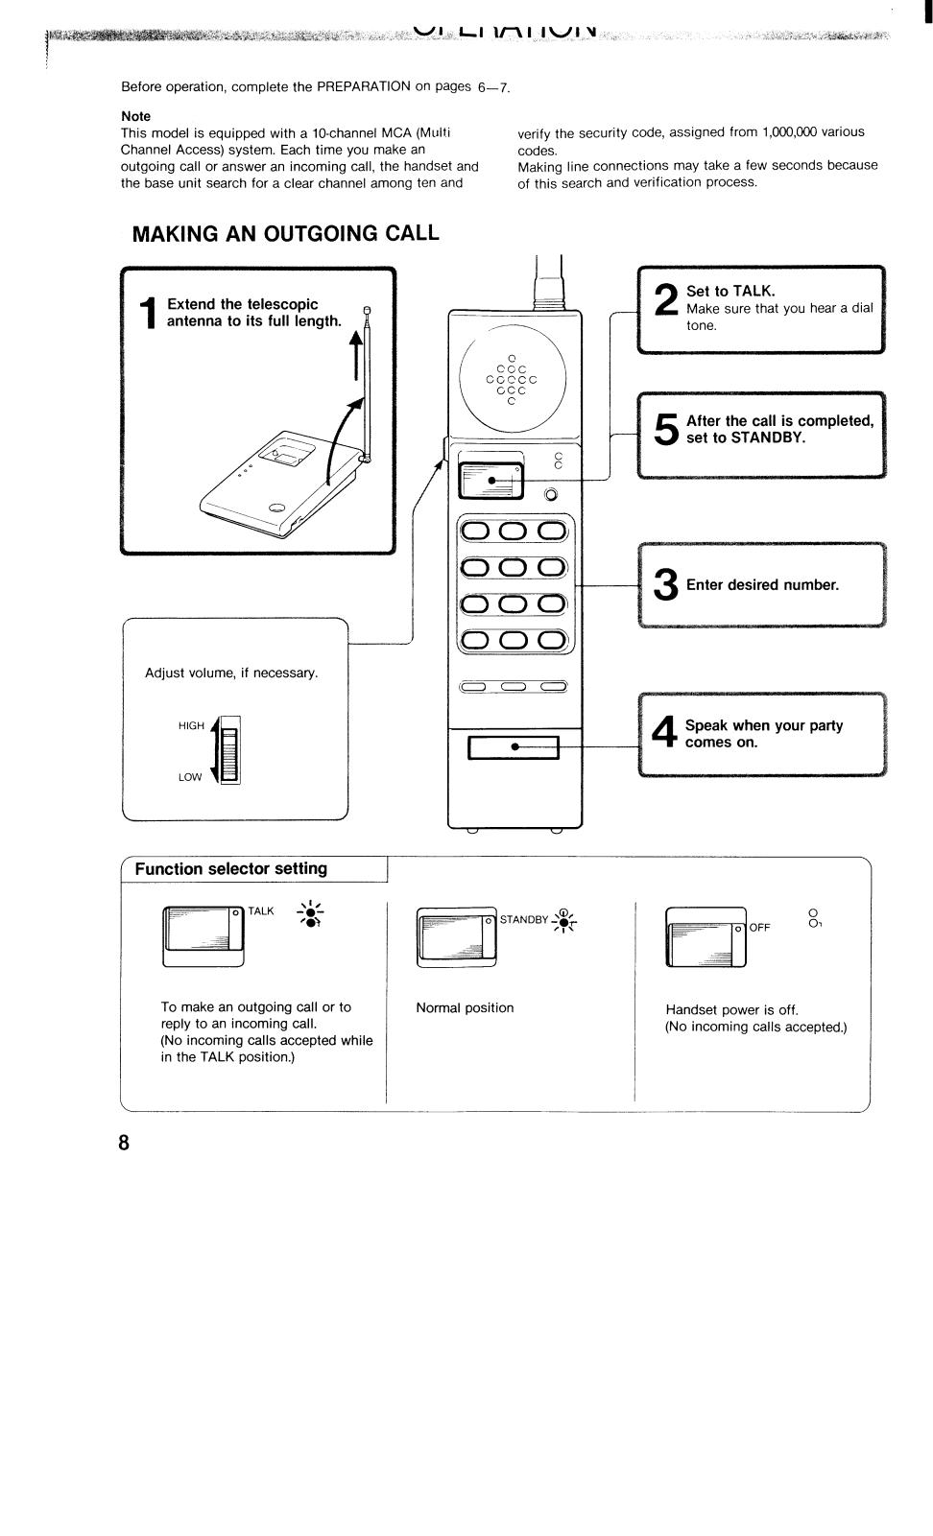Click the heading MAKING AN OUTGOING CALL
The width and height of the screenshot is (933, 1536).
[x=285, y=234]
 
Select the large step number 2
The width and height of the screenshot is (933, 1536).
[x=664, y=301]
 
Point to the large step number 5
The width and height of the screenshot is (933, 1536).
[x=665, y=429]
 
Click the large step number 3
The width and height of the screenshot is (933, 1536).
[x=665, y=585]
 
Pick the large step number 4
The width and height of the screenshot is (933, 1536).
[x=664, y=734]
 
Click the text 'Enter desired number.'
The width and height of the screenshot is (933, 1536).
[x=762, y=585]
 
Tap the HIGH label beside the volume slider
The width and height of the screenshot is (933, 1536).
[x=191, y=726]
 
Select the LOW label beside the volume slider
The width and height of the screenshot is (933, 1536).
[x=190, y=777]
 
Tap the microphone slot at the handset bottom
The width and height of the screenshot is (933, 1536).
[x=514, y=746]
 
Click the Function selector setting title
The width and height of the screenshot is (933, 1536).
[x=230, y=869]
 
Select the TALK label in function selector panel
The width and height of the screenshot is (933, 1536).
[x=260, y=911]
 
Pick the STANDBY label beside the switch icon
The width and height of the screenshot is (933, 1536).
[x=523, y=920]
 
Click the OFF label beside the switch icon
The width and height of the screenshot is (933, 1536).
[x=759, y=928]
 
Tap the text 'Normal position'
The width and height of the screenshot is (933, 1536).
[x=465, y=1008]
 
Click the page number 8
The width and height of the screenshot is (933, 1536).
[x=123, y=1143]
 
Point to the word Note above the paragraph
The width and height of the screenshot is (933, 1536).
[x=135, y=116]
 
